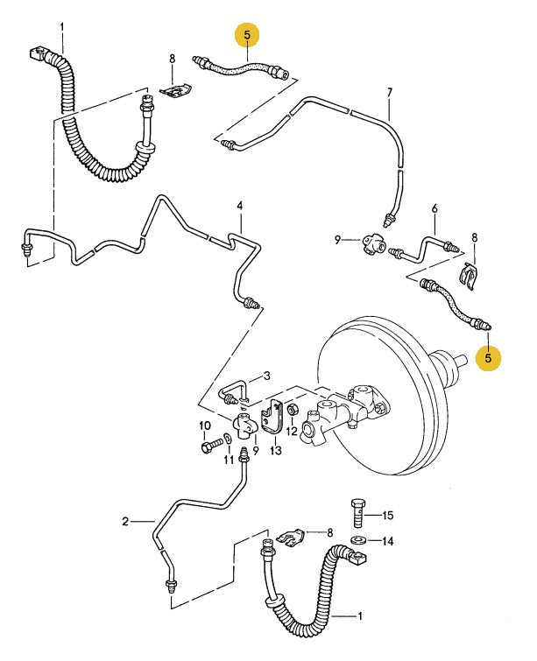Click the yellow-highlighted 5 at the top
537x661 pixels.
(248, 36)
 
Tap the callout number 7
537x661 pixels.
(390, 92)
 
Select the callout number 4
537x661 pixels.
(238, 207)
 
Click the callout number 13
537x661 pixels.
(276, 451)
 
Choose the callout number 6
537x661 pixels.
(434, 207)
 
